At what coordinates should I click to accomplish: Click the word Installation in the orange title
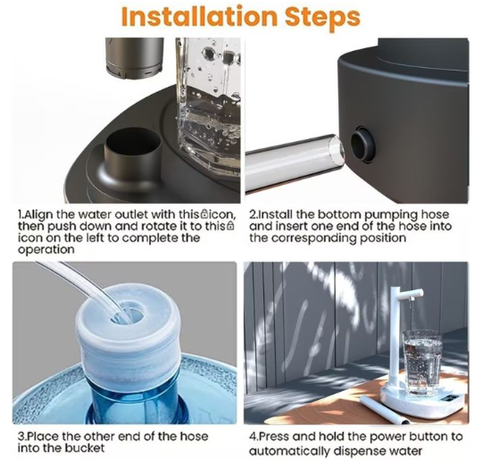point(199,16)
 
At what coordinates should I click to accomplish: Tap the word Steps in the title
point(322,18)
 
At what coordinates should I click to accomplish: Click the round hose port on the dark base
point(362,144)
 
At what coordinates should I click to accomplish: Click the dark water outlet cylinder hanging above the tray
point(135,58)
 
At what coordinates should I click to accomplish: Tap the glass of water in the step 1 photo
point(209,106)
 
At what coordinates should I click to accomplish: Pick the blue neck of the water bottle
point(135,402)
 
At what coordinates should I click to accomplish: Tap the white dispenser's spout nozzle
point(412,298)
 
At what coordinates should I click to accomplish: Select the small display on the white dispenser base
point(449,399)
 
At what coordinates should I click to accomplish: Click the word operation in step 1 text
point(46,250)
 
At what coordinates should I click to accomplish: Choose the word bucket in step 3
point(85,448)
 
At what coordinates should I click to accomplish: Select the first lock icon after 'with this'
point(204,214)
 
